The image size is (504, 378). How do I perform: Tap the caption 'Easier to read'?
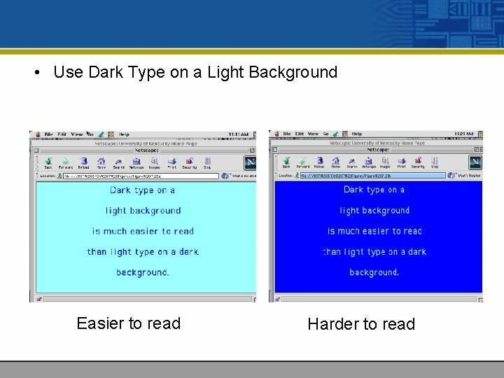128,323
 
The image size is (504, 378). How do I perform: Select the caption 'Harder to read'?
361,324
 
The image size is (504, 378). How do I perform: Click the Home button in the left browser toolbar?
101,162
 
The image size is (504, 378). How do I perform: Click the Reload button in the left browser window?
83,162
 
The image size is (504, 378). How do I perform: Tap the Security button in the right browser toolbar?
418,162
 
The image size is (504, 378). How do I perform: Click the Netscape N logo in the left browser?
249,162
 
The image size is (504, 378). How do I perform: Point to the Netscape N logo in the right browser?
475,162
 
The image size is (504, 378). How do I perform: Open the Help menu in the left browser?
124,134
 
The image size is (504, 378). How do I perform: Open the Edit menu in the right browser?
300,134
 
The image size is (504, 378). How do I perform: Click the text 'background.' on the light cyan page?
143,272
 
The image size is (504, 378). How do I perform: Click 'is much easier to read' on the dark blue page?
374,231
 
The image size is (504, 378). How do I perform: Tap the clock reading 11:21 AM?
463,134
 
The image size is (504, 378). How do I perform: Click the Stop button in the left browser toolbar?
207,162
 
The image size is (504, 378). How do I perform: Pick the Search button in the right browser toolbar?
352,162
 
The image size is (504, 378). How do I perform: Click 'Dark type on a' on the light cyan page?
143,190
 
